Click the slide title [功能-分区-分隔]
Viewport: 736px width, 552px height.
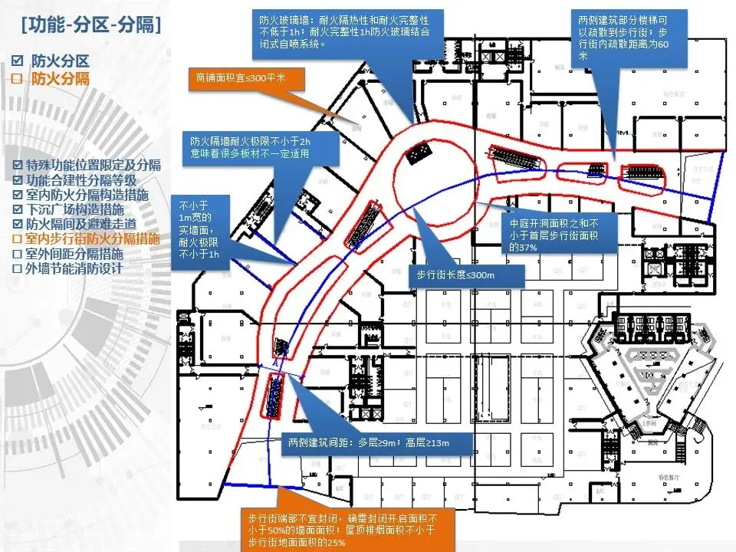point(91,26)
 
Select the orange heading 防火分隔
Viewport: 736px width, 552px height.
point(60,79)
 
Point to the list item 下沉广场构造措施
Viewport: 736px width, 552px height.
point(80,209)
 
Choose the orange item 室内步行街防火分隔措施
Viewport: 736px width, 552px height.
point(93,238)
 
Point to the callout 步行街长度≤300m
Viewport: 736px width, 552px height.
point(455,275)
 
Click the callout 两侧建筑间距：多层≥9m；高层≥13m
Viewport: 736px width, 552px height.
point(368,443)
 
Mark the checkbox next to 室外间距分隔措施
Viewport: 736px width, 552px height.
point(18,254)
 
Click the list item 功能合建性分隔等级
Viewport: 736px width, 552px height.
point(80,180)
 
